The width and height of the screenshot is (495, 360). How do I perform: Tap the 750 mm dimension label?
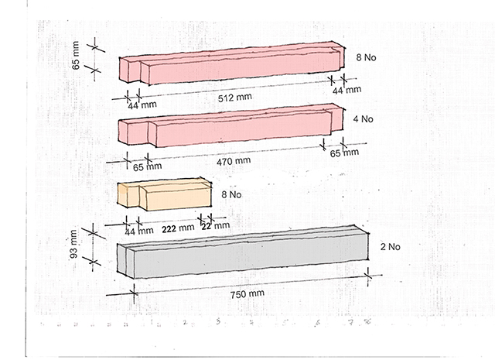pyautogui.click(x=248, y=294)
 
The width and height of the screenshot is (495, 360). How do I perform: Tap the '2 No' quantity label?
pyautogui.click(x=389, y=248)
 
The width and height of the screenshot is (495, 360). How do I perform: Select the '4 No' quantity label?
pyautogui.click(x=364, y=119)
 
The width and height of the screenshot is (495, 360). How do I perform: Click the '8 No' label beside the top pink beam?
pyautogui.click(x=365, y=57)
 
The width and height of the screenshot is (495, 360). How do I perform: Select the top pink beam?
pyautogui.click(x=232, y=65)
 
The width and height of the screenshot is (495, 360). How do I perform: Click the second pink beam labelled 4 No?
pyautogui.click(x=232, y=128)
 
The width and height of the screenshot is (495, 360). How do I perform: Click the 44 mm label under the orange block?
pyautogui.click(x=139, y=230)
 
